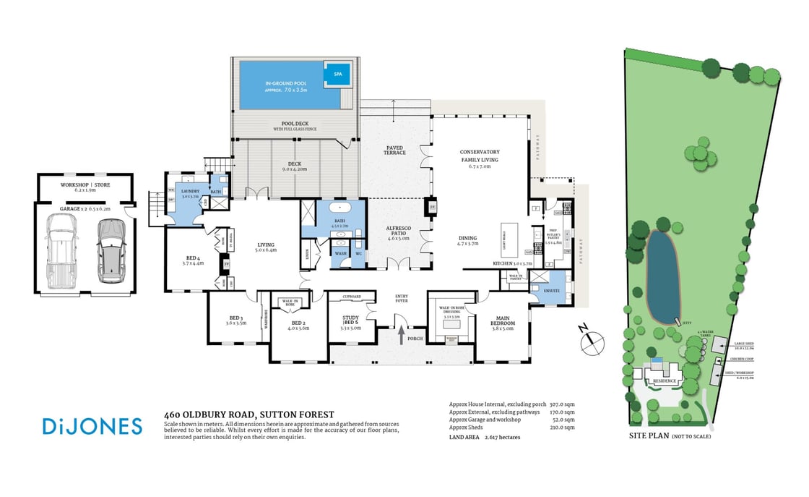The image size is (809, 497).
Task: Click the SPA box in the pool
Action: coord(337,74)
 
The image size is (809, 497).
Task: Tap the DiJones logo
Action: coord(92,426)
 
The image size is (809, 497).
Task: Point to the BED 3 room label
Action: coord(235,320)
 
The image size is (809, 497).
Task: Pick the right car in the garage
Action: coord(109,248)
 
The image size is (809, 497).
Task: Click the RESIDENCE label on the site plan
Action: coord(664,381)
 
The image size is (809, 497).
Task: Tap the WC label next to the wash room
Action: coord(358,254)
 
